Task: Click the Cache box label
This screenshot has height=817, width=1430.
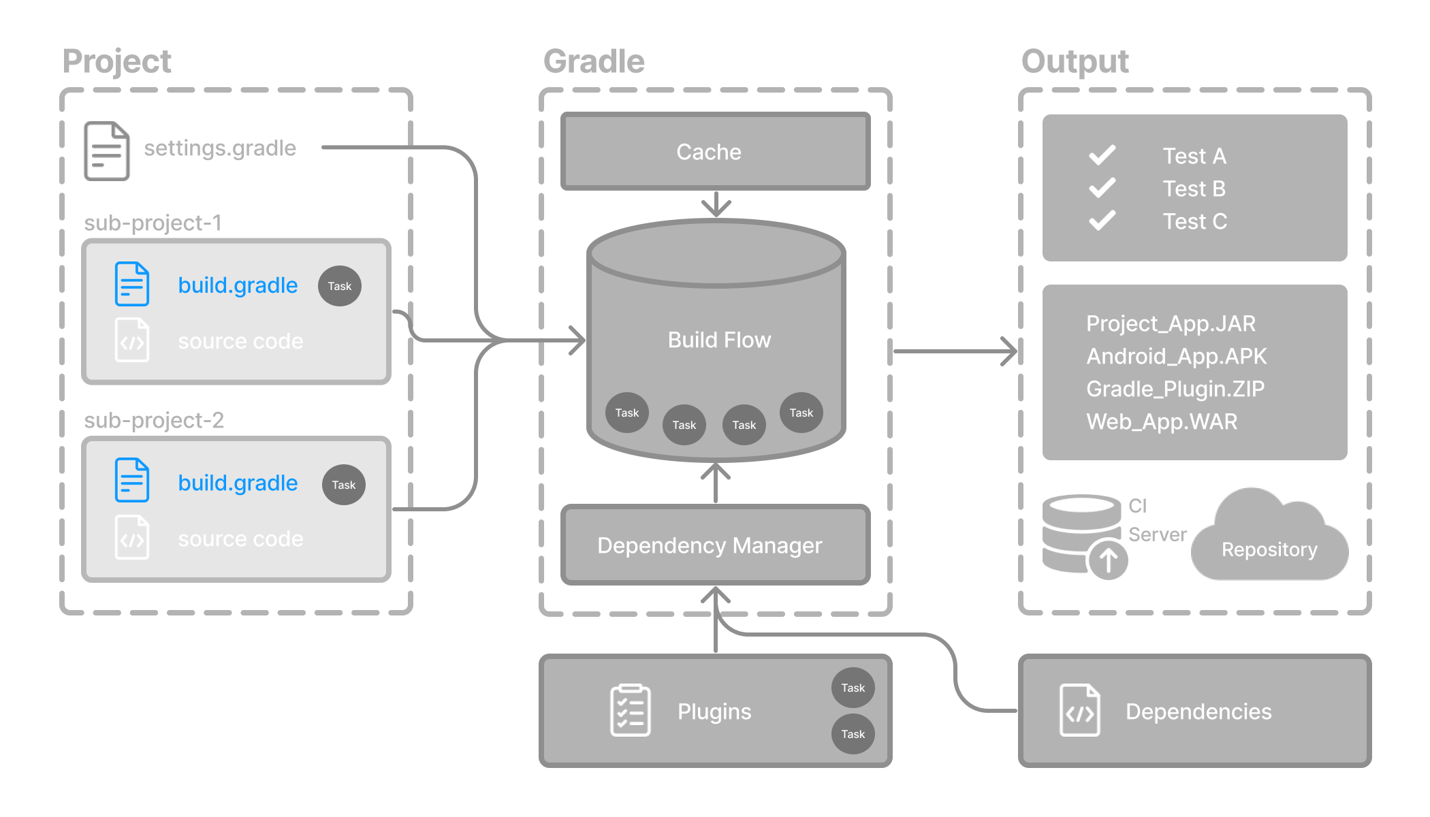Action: click(708, 152)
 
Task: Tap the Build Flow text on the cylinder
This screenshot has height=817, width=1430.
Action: click(719, 340)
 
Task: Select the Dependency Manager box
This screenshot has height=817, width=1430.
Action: click(710, 545)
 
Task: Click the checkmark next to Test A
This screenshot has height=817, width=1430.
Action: click(1102, 155)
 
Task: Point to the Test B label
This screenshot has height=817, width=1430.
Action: click(1194, 189)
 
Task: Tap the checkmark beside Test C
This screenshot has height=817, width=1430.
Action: click(1102, 221)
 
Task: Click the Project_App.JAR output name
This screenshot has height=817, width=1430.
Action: click(1171, 323)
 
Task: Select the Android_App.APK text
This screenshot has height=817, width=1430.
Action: click(1176, 356)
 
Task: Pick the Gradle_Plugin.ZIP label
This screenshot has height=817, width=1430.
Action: click(1175, 389)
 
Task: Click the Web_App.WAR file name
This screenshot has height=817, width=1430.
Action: click(1162, 421)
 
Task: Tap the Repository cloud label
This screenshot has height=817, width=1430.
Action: click(1269, 549)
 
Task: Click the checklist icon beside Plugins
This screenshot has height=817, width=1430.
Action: click(630, 711)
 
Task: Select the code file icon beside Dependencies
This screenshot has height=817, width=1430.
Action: click(1079, 711)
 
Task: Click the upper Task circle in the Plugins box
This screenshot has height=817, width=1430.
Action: click(853, 688)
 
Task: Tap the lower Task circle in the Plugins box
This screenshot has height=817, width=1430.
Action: click(853, 734)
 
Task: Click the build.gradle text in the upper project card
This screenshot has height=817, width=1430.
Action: click(238, 285)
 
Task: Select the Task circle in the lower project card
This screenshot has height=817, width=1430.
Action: click(343, 485)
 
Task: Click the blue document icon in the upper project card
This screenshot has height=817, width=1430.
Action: click(132, 284)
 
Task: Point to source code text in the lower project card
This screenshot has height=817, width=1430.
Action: click(240, 539)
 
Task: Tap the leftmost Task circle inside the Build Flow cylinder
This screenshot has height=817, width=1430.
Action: click(626, 413)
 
